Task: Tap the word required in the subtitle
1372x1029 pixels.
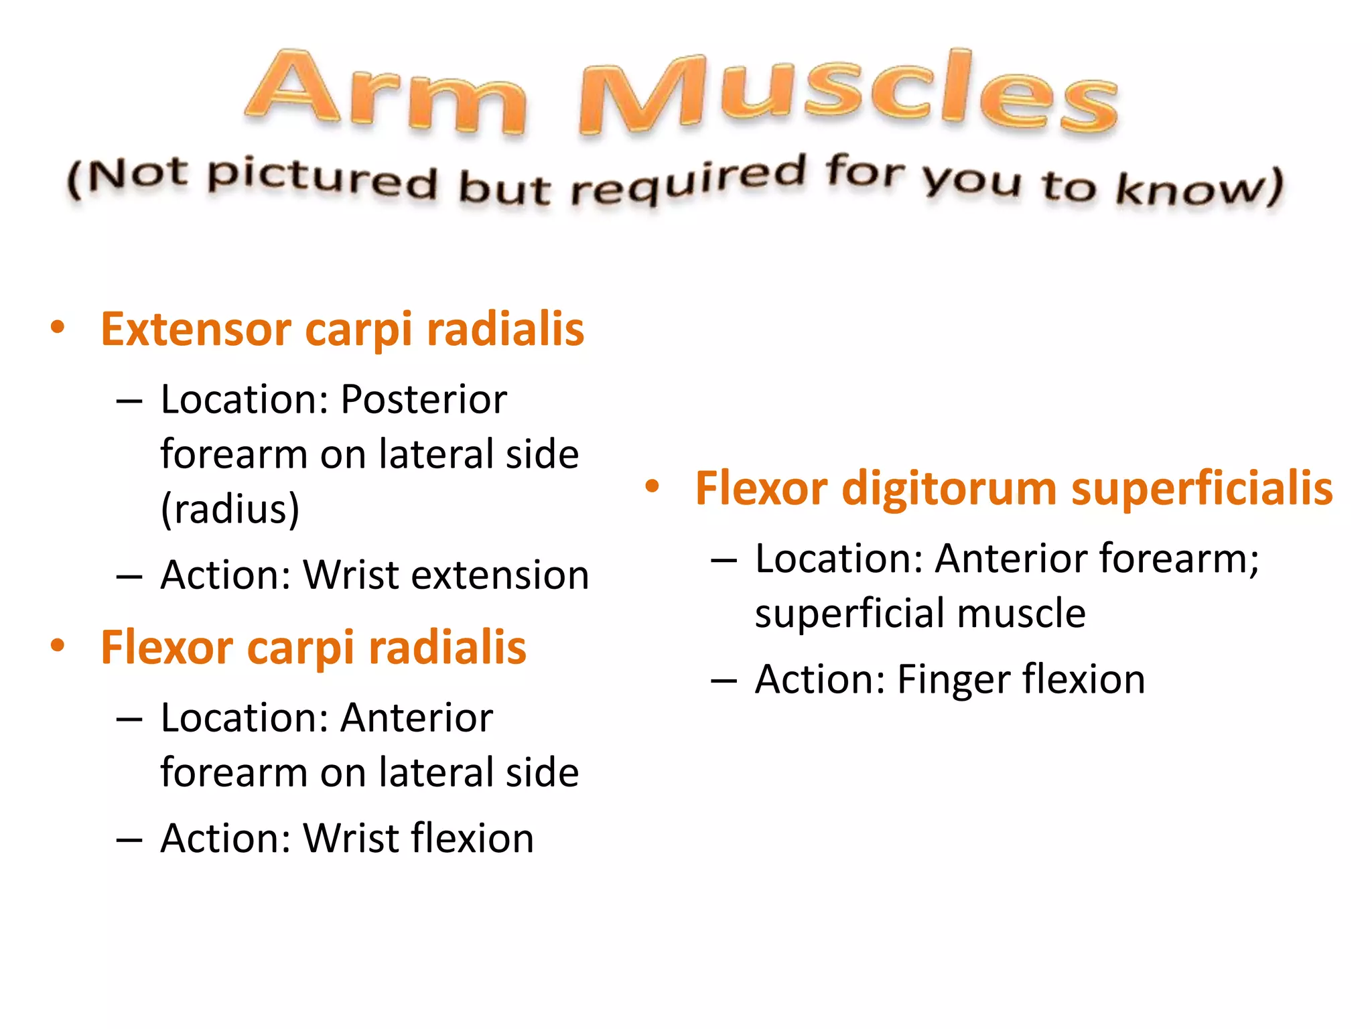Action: click(x=687, y=180)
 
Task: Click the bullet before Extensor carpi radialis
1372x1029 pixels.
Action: click(x=58, y=328)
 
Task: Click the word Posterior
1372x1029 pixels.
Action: click(x=423, y=400)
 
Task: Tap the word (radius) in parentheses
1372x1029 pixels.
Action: click(x=230, y=509)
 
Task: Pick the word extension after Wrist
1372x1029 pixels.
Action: click(x=500, y=575)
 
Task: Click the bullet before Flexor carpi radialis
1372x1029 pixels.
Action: click(x=58, y=646)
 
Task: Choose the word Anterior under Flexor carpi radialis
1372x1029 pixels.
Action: click(x=416, y=718)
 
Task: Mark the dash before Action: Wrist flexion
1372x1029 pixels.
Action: click(x=129, y=839)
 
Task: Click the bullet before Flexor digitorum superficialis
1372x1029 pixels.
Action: click(x=653, y=487)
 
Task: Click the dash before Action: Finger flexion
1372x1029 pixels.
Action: click(x=724, y=681)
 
